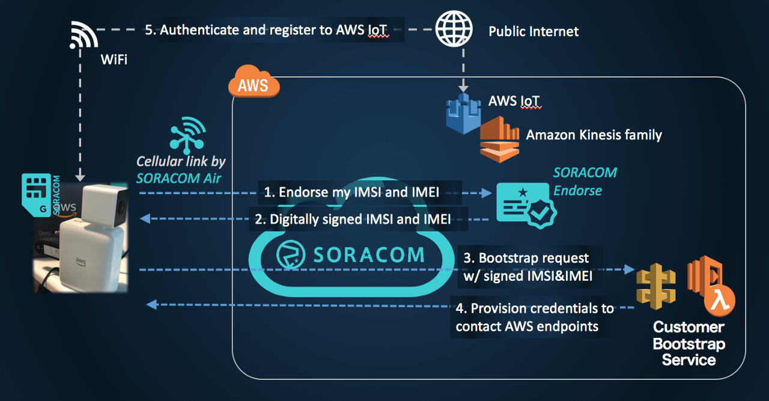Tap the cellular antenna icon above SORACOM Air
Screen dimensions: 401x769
click(x=187, y=135)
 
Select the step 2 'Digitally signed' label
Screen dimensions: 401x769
click(x=358, y=219)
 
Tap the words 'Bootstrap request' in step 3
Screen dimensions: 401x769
click(x=533, y=258)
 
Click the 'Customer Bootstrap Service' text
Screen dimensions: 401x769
click(x=688, y=343)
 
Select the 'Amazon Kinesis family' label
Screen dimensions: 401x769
click(x=594, y=135)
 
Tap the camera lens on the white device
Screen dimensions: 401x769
click(x=124, y=204)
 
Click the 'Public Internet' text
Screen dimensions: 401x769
click(x=533, y=31)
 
